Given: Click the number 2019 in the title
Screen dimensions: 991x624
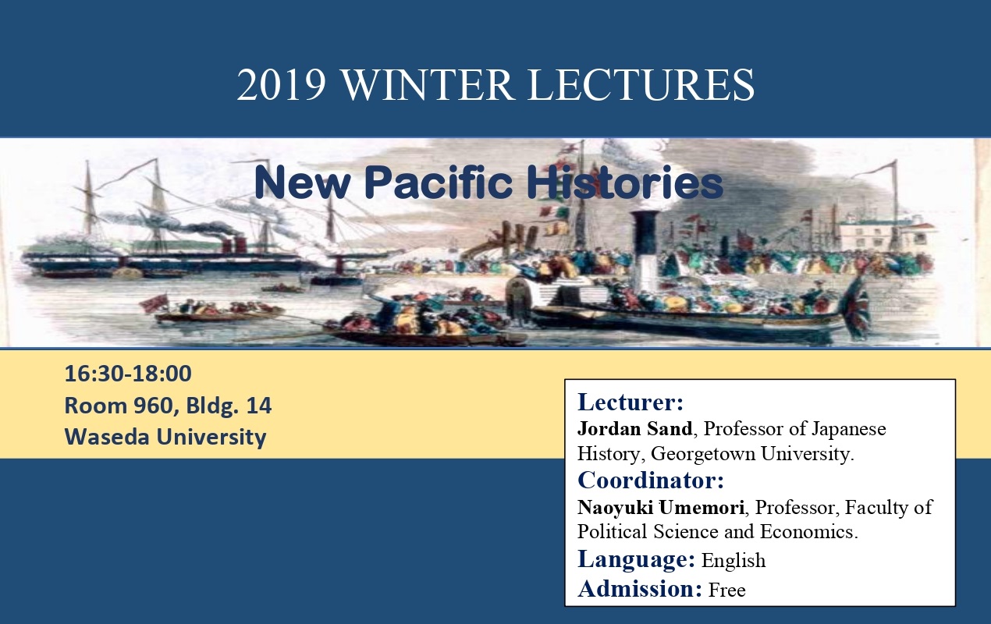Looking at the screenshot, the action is [282, 85].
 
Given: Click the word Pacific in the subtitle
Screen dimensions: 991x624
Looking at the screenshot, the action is [439, 182].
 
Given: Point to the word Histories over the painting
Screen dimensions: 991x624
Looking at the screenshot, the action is [625, 182].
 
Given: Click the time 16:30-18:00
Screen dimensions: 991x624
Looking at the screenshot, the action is [128, 374].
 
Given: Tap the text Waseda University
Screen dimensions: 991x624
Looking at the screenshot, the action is [165, 437].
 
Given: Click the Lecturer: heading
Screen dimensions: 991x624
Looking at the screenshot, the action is [630, 402].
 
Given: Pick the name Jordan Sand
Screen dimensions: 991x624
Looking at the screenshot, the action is [635, 428].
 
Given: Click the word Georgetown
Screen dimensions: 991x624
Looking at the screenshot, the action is [702, 454].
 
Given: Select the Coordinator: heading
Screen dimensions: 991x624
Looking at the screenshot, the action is [651, 480].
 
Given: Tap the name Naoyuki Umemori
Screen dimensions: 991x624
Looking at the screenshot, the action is [661, 507].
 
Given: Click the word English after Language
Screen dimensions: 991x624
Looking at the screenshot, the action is [733, 561].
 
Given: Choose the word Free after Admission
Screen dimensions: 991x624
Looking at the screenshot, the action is [727, 590].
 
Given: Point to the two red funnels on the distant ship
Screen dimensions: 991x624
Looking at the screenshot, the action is [233, 245].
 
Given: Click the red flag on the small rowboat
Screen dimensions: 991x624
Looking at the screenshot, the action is [154, 303].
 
